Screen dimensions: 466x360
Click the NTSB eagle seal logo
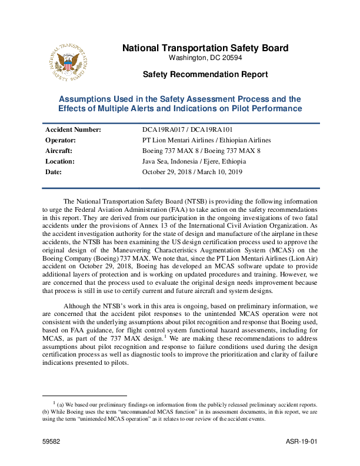coord(69,61)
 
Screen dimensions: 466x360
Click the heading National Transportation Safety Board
coord(205,48)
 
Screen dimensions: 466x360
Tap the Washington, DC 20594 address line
coord(205,58)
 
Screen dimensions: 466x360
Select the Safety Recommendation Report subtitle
coord(205,75)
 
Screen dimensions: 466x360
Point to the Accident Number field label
coord(73,129)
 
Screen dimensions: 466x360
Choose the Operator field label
coord(61,140)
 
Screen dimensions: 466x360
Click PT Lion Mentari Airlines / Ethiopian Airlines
coord(206,140)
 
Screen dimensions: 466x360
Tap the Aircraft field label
coord(59,151)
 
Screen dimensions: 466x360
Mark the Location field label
coord(60,161)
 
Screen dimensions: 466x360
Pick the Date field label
coord(54,172)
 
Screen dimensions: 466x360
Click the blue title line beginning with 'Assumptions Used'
coord(180,99)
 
